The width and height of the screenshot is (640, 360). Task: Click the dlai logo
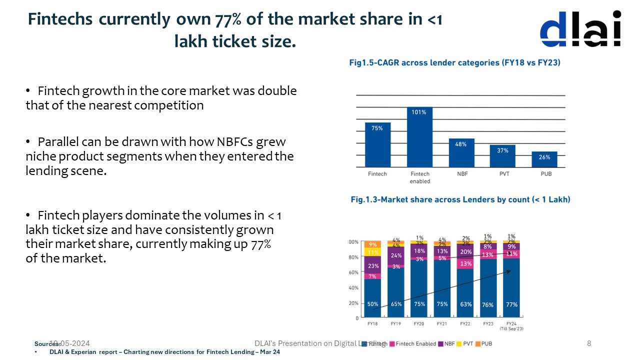click(x=580, y=29)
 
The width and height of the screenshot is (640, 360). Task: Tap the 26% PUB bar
click(x=544, y=159)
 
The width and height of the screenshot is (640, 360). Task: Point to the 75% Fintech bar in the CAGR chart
click(x=377, y=144)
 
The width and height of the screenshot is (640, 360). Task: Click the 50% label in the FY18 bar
click(x=372, y=304)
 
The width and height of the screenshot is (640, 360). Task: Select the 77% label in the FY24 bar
click(x=511, y=304)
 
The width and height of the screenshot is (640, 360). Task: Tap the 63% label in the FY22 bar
click(x=465, y=304)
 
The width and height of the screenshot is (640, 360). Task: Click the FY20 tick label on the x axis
click(x=419, y=324)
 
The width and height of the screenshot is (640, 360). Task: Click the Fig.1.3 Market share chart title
click(x=460, y=199)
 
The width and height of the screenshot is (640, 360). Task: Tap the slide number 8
click(x=588, y=343)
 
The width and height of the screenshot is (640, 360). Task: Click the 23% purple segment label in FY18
click(x=372, y=266)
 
